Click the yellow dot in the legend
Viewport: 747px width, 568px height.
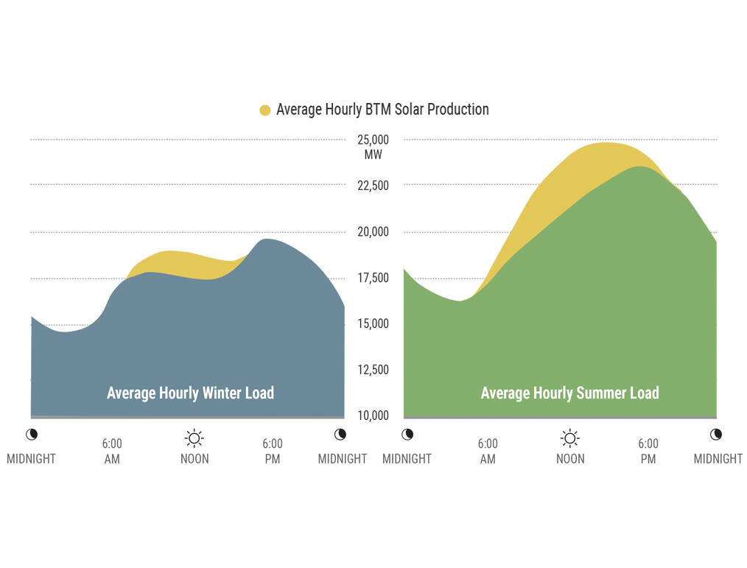tap(265, 111)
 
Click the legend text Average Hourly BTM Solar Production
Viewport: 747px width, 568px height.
tap(382, 110)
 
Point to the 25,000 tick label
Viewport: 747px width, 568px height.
tap(373, 140)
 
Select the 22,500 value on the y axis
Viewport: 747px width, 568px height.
tap(373, 186)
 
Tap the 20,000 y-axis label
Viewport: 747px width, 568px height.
tap(373, 232)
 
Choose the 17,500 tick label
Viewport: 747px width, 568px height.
tap(373, 278)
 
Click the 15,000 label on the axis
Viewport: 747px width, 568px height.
tap(373, 324)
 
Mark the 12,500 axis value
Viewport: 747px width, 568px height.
tap(373, 370)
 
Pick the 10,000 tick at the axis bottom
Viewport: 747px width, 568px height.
tap(373, 416)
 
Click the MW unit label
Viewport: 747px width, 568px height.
tap(373, 155)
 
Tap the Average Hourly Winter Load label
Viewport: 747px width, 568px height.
tap(190, 393)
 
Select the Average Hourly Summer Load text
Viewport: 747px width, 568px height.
tap(569, 393)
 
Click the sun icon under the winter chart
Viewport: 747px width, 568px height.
tap(194, 439)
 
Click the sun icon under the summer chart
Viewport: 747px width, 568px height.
tap(570, 439)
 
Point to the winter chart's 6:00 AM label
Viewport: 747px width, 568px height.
tap(112, 451)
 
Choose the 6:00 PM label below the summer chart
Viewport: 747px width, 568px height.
tap(648, 451)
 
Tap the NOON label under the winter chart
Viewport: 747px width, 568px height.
tap(194, 459)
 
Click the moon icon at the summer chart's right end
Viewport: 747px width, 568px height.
tap(716, 435)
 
